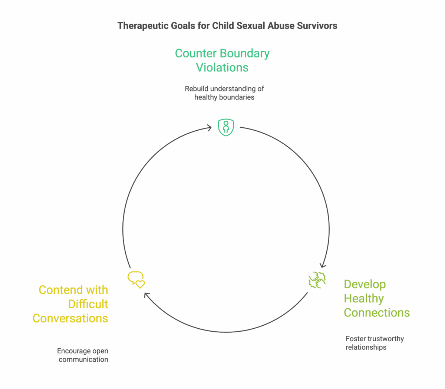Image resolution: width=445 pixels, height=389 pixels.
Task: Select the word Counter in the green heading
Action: (195, 53)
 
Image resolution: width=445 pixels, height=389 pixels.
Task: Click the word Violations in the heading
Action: (222, 68)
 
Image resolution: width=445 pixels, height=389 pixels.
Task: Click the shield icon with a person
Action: (226, 127)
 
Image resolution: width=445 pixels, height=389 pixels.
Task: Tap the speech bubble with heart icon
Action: (136, 280)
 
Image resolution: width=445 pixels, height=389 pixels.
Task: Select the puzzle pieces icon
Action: (317, 280)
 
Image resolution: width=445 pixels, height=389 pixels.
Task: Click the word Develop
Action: (365, 284)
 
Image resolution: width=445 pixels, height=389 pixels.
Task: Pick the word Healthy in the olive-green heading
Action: (364, 298)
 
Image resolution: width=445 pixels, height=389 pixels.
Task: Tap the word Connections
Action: (377, 313)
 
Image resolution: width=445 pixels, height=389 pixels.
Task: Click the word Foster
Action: (355, 339)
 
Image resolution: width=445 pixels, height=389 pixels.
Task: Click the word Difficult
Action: (88, 304)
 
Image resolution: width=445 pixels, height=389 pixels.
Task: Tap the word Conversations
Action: (70, 318)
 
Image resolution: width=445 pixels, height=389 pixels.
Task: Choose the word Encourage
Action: (74, 351)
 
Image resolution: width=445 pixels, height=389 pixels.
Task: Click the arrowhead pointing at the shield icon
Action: (210, 128)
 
